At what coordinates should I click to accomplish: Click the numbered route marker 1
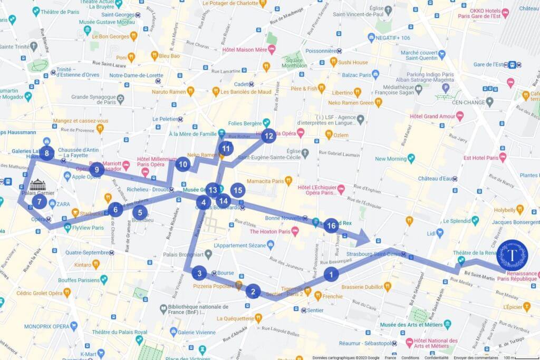pyautogui.click(x=331, y=274)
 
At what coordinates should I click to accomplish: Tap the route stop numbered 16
pyautogui.click(x=331, y=226)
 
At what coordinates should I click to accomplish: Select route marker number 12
pyautogui.click(x=268, y=136)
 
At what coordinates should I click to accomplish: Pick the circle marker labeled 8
pyautogui.click(x=47, y=153)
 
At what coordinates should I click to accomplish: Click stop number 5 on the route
pyautogui.click(x=140, y=213)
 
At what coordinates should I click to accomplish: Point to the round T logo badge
pyautogui.click(x=512, y=255)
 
